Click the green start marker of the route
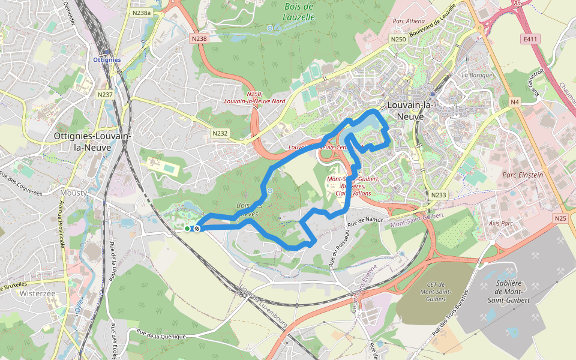pyautogui.click(x=187, y=229)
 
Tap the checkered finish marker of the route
pyautogui.click(x=196, y=229)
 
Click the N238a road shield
pyautogui.click(x=141, y=12)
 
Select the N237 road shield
pyautogui.click(x=104, y=94)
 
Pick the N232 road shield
pyautogui.click(x=220, y=133)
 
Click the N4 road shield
pyautogui.click(x=514, y=102)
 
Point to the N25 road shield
pyautogui.click(x=560, y=218)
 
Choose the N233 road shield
pyautogui.click(x=438, y=195)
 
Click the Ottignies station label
pyautogui.click(x=107, y=60)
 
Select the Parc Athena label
pyautogui.click(x=408, y=21)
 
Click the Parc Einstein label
pyautogui.click(x=522, y=175)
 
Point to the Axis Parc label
pyautogui.click(x=502, y=223)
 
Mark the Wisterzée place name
pyautogui.click(x=37, y=294)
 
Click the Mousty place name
pyautogui.click(x=74, y=193)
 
